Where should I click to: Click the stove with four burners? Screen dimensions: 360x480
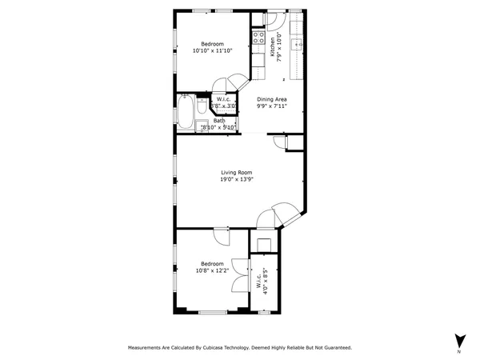tap(259, 36)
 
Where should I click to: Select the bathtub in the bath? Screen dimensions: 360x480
tap(183, 112)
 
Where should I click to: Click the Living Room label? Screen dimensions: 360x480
tap(237, 173)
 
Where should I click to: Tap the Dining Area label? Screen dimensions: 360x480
tap(272, 99)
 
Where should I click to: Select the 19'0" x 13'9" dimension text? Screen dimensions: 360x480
tap(237, 180)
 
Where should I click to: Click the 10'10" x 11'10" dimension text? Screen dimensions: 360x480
tap(212, 50)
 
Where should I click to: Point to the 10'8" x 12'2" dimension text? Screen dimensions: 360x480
tap(212, 270)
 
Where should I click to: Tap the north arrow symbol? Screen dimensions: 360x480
tap(459, 340)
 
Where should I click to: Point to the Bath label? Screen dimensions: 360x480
tap(218, 121)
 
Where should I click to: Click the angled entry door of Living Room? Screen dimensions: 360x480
tap(282, 213)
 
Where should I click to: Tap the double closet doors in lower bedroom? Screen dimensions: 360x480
tap(238, 271)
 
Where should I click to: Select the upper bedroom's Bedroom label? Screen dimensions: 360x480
tap(212, 43)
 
